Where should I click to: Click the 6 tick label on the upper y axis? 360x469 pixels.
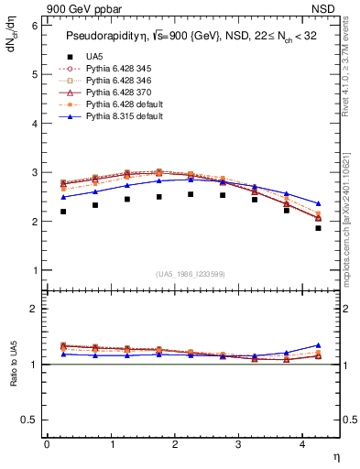pyautogui.click(x=34, y=26)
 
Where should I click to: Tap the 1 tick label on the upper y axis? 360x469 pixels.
pyautogui.click(x=34, y=270)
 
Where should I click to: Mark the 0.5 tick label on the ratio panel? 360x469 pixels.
pyautogui.click(x=29, y=420)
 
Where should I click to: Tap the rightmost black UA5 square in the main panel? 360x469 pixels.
pyautogui.click(x=319, y=254)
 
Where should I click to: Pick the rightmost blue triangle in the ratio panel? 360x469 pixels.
pyautogui.click(x=319, y=345)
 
